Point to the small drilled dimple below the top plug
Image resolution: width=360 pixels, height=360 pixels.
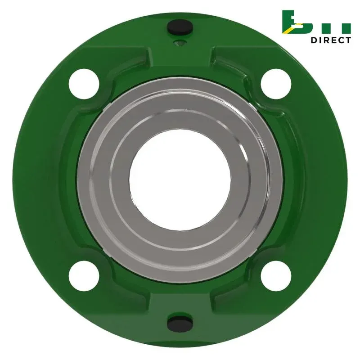click(x=180, y=43)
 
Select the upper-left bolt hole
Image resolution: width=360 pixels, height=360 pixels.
click(x=84, y=84)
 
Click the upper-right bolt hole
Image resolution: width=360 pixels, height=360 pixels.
click(x=276, y=84)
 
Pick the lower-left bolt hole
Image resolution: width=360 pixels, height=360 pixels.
click(x=84, y=276)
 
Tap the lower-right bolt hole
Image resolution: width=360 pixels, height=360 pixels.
click(x=276, y=276)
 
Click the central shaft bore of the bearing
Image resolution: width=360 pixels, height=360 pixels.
click(x=180, y=180)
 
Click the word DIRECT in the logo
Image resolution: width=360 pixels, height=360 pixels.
click(x=331, y=40)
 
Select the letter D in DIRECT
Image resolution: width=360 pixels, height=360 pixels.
click(x=314, y=40)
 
